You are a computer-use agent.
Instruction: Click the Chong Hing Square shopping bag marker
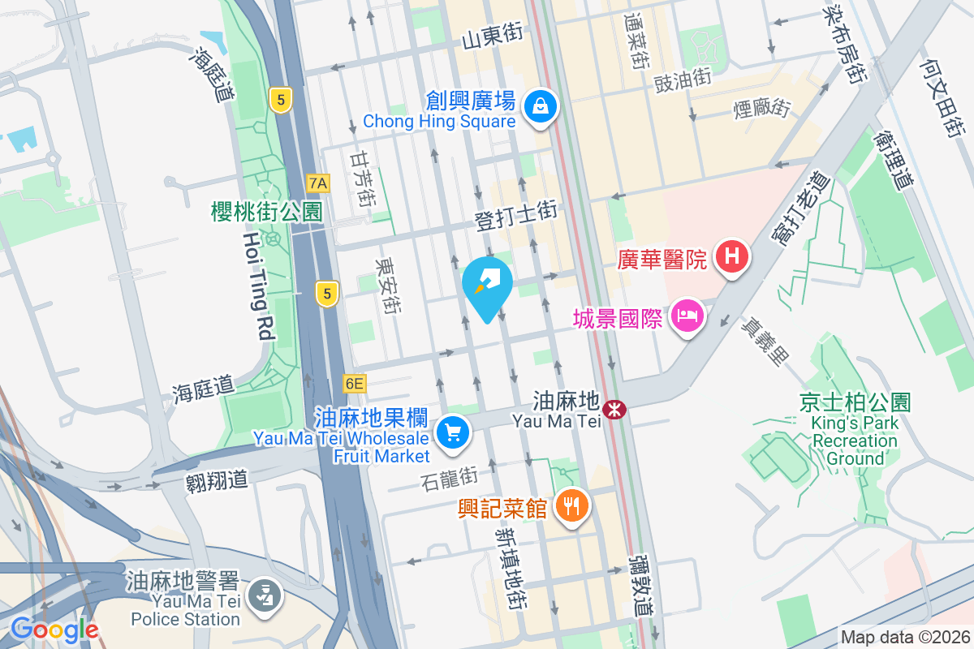click(538, 105)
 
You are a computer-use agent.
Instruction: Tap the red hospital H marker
click(731, 258)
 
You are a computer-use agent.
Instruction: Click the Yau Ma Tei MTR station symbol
click(616, 408)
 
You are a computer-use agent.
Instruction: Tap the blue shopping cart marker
click(453, 432)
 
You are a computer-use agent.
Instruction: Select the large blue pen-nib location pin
click(487, 286)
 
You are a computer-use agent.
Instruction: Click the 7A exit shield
click(318, 183)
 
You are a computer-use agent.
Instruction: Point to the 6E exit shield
click(355, 383)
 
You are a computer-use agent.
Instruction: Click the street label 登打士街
click(515, 215)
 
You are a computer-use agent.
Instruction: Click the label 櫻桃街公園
click(266, 213)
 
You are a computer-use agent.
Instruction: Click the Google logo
click(54, 629)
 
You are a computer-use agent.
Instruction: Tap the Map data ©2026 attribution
click(904, 638)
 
